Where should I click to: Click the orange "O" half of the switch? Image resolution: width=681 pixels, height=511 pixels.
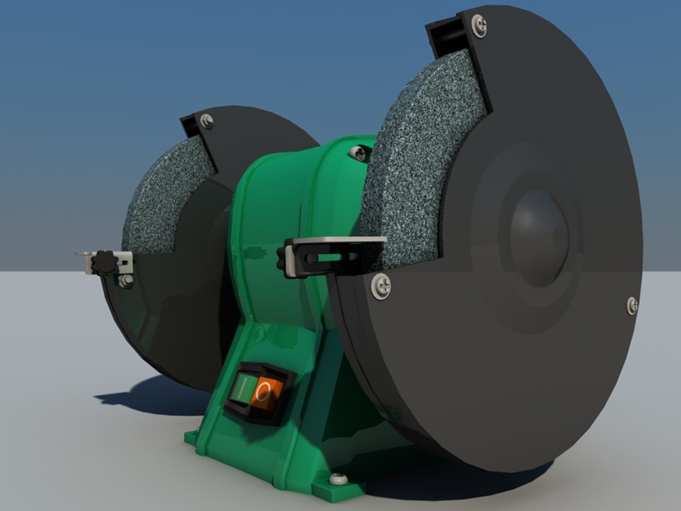pos(268,392)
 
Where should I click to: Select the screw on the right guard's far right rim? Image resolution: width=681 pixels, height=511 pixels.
pos(632,305)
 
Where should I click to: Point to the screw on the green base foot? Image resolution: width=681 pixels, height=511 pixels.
pos(339,479)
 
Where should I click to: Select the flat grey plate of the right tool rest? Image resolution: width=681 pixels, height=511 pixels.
pos(338,241)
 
